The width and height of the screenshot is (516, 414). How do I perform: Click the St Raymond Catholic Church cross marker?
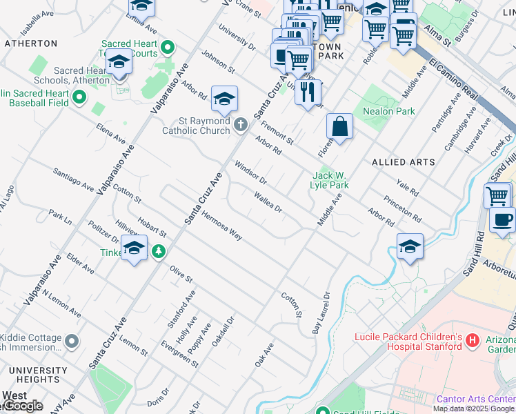[240, 124]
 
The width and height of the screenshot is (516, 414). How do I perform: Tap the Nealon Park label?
[388, 111]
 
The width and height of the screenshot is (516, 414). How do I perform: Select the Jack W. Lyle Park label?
[330, 180]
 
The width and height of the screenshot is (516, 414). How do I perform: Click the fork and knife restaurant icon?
[308, 91]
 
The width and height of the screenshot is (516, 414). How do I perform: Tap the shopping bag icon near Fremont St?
[339, 128]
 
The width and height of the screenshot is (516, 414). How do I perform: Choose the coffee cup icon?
[502, 220]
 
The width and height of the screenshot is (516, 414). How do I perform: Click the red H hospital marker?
[473, 340]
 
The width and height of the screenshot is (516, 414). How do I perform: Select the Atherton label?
[31, 43]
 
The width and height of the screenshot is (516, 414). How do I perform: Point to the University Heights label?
[33, 375]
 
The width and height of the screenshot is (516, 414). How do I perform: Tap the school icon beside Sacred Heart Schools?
[119, 63]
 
